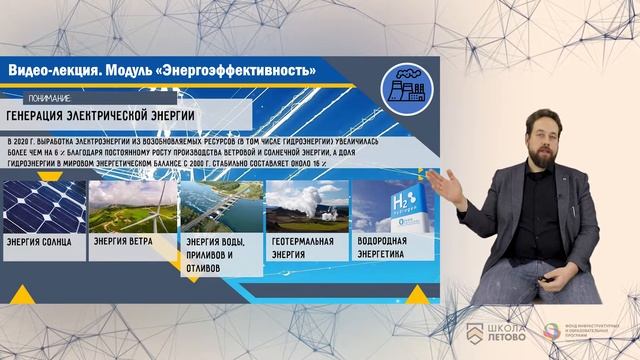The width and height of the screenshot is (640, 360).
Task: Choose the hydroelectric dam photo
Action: [x=219, y=204]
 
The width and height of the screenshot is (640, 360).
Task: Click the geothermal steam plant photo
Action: [x=307, y=204]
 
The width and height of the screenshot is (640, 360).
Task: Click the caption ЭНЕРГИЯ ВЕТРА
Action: [x=124, y=241]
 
